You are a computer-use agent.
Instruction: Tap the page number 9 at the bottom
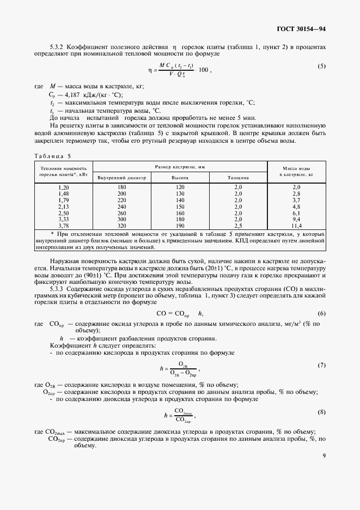324,464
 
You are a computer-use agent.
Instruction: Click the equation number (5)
321,66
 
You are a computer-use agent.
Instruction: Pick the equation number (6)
321,313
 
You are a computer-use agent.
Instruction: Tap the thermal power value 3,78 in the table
63,226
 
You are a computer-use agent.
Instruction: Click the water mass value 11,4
296,226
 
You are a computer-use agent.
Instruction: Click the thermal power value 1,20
63,187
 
